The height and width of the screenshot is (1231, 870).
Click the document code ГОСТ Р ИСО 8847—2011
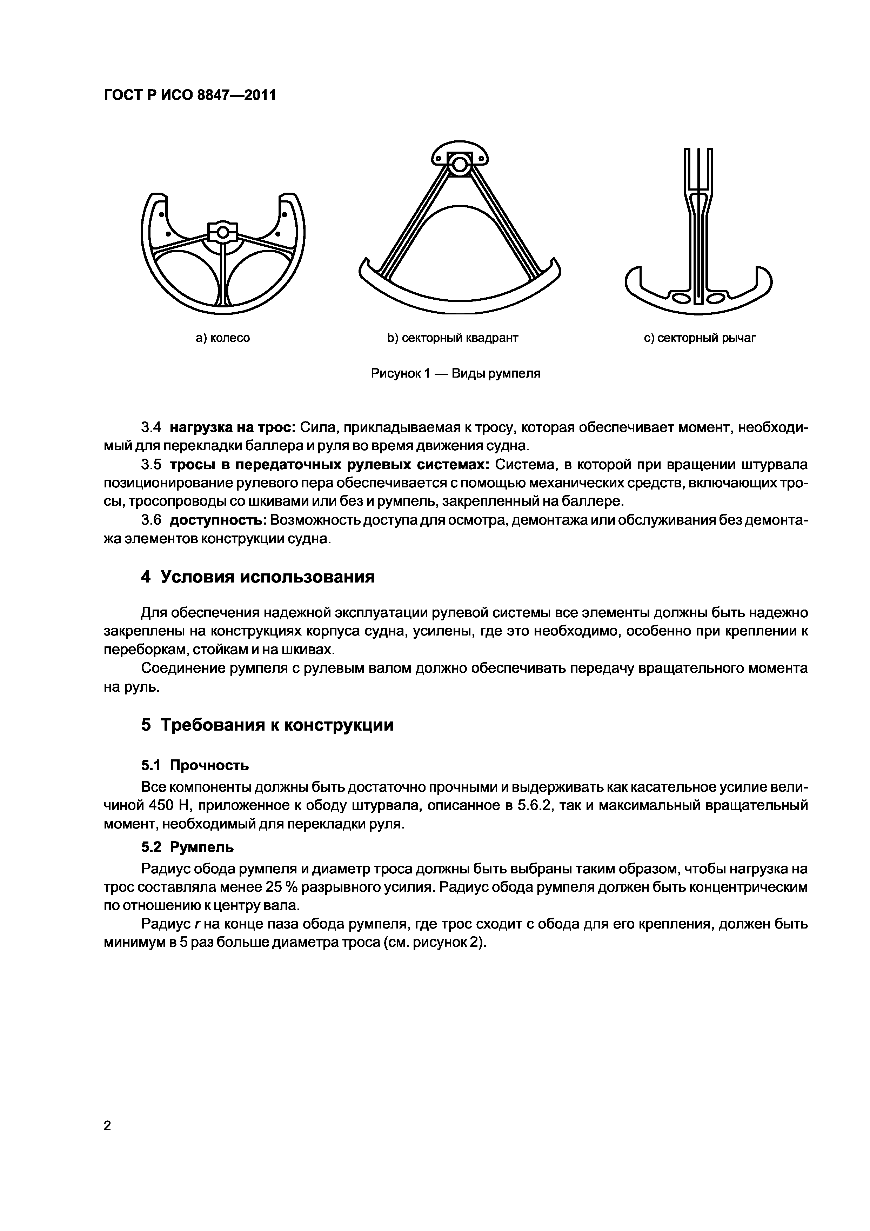tap(189, 95)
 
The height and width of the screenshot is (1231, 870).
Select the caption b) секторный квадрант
tap(453, 338)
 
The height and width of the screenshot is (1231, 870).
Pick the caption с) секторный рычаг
tap(700, 338)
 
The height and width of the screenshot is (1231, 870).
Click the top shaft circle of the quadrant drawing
tap(460, 164)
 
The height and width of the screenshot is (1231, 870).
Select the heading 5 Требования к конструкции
tap(267, 725)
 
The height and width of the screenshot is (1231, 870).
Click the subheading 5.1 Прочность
tap(195, 765)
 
